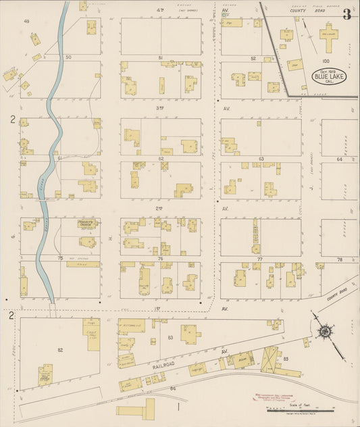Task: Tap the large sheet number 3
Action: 346,14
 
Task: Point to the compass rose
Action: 325,331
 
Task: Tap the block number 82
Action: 60,349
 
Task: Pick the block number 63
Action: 261,159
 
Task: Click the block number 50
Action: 68,57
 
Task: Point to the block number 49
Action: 27,22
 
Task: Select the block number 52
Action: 253,59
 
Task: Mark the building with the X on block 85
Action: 272,357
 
